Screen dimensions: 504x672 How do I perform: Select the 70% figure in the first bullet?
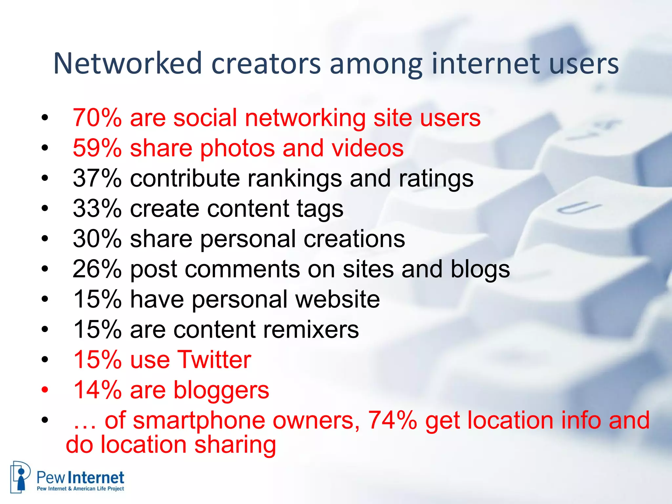[97, 118]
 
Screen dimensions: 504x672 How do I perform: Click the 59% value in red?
[97, 148]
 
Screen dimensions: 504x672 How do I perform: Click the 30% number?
[97, 239]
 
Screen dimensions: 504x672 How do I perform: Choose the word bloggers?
[221, 390]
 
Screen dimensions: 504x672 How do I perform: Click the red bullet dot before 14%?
[45, 390]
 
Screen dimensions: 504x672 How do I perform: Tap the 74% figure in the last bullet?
[392, 420]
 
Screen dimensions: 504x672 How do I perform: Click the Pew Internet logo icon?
[20, 477]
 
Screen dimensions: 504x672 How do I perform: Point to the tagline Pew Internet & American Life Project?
[80, 489]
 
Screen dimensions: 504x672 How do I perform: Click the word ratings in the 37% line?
[436, 179]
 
